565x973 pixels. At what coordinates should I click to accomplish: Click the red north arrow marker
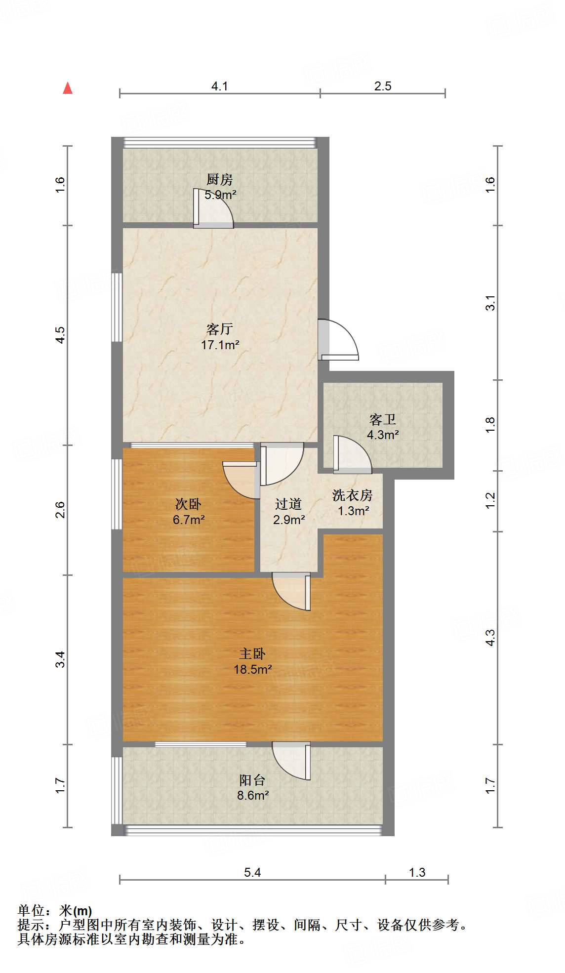click(x=68, y=88)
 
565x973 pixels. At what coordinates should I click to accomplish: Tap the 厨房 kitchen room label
click(x=219, y=179)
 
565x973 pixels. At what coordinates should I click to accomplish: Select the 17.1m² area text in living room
click(x=220, y=345)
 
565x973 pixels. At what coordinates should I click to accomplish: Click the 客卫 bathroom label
click(x=383, y=420)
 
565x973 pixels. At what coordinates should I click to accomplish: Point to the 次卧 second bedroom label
click(x=188, y=504)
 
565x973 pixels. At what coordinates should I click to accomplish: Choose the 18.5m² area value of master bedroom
click(x=252, y=669)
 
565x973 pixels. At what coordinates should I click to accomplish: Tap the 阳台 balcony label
click(x=252, y=780)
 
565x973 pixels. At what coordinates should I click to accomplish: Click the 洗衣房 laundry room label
click(x=352, y=495)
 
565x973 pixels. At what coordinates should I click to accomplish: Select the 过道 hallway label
click(x=288, y=504)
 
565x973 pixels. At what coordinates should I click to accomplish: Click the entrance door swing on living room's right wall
click(x=338, y=339)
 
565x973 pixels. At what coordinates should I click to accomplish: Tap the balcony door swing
click(x=291, y=761)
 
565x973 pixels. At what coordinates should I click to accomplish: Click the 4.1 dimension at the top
click(x=219, y=86)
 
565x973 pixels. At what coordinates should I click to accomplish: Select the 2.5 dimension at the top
click(x=383, y=86)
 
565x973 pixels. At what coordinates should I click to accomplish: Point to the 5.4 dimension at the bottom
click(x=252, y=873)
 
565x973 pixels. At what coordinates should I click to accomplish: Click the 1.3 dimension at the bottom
click(x=417, y=873)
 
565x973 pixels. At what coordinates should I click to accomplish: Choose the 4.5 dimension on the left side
click(x=60, y=335)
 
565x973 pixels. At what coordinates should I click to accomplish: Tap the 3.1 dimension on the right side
click(x=490, y=303)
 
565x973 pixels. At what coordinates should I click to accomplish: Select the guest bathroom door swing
click(x=352, y=453)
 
